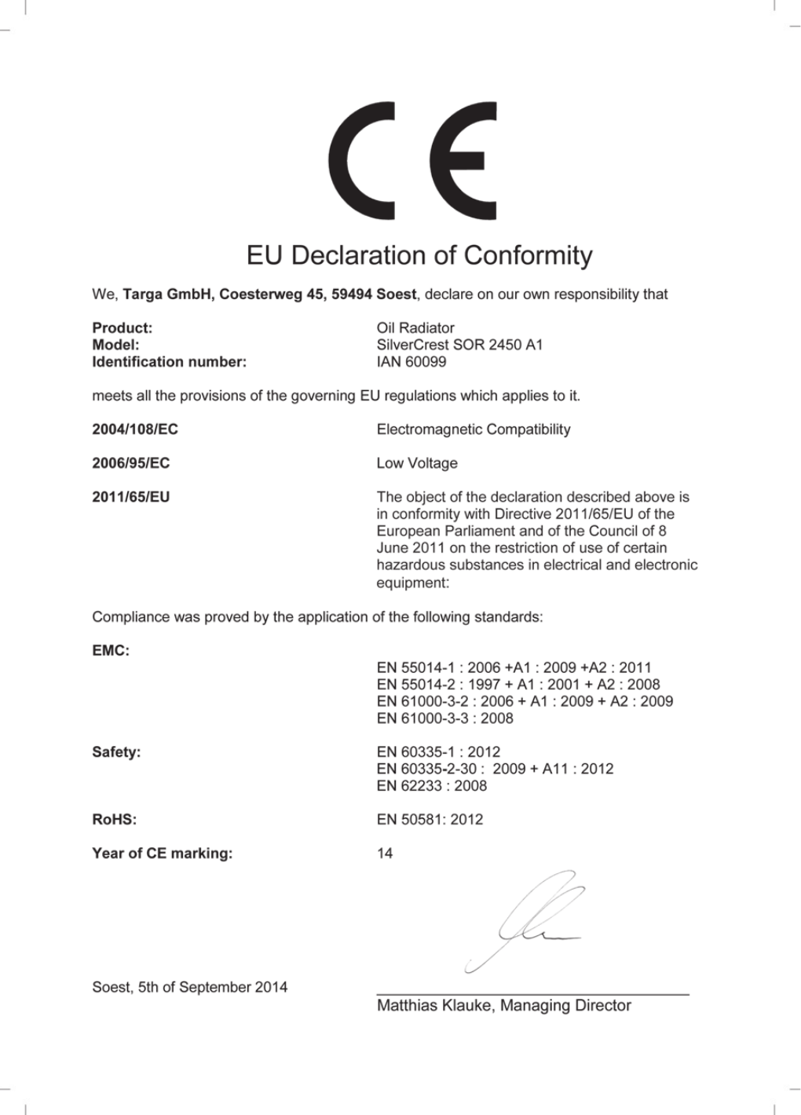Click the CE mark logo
[412, 161]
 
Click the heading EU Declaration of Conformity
[419, 255]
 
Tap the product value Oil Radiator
[415, 327]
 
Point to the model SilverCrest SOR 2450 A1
[459, 345]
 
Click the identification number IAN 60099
[411, 362]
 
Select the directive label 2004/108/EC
[135, 430]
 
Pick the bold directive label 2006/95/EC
[131, 463]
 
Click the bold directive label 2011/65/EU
[131, 497]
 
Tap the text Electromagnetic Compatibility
[474, 430]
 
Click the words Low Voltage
[417, 463]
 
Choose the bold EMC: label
[111, 651]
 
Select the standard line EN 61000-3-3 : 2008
[445, 718]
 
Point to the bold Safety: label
[116, 752]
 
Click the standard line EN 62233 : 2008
[432, 786]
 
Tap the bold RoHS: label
[115, 820]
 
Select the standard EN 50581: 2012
[430, 820]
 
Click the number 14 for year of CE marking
[385, 854]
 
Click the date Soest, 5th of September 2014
[190, 988]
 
